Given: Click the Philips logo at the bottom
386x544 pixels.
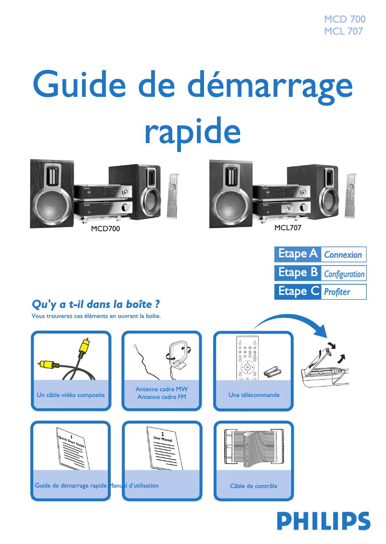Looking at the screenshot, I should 323,521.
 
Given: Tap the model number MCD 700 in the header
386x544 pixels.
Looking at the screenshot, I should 344,19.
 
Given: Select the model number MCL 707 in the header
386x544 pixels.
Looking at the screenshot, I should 343,32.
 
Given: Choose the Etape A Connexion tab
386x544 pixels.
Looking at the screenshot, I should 320,254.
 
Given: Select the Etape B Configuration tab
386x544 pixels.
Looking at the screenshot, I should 320,273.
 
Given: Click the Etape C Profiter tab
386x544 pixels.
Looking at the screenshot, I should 320,292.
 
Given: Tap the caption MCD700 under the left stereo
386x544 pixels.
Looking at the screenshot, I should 105,229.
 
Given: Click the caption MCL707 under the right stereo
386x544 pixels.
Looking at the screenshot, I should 288,228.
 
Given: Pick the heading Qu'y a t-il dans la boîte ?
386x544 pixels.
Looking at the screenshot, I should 95,305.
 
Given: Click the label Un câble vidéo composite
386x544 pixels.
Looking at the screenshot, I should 71,395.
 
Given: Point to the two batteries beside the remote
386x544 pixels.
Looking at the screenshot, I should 272,371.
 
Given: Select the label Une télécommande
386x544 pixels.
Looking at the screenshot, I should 254,395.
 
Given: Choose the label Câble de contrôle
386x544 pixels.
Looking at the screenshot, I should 254,486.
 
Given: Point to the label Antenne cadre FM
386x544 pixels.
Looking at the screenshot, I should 162,397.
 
